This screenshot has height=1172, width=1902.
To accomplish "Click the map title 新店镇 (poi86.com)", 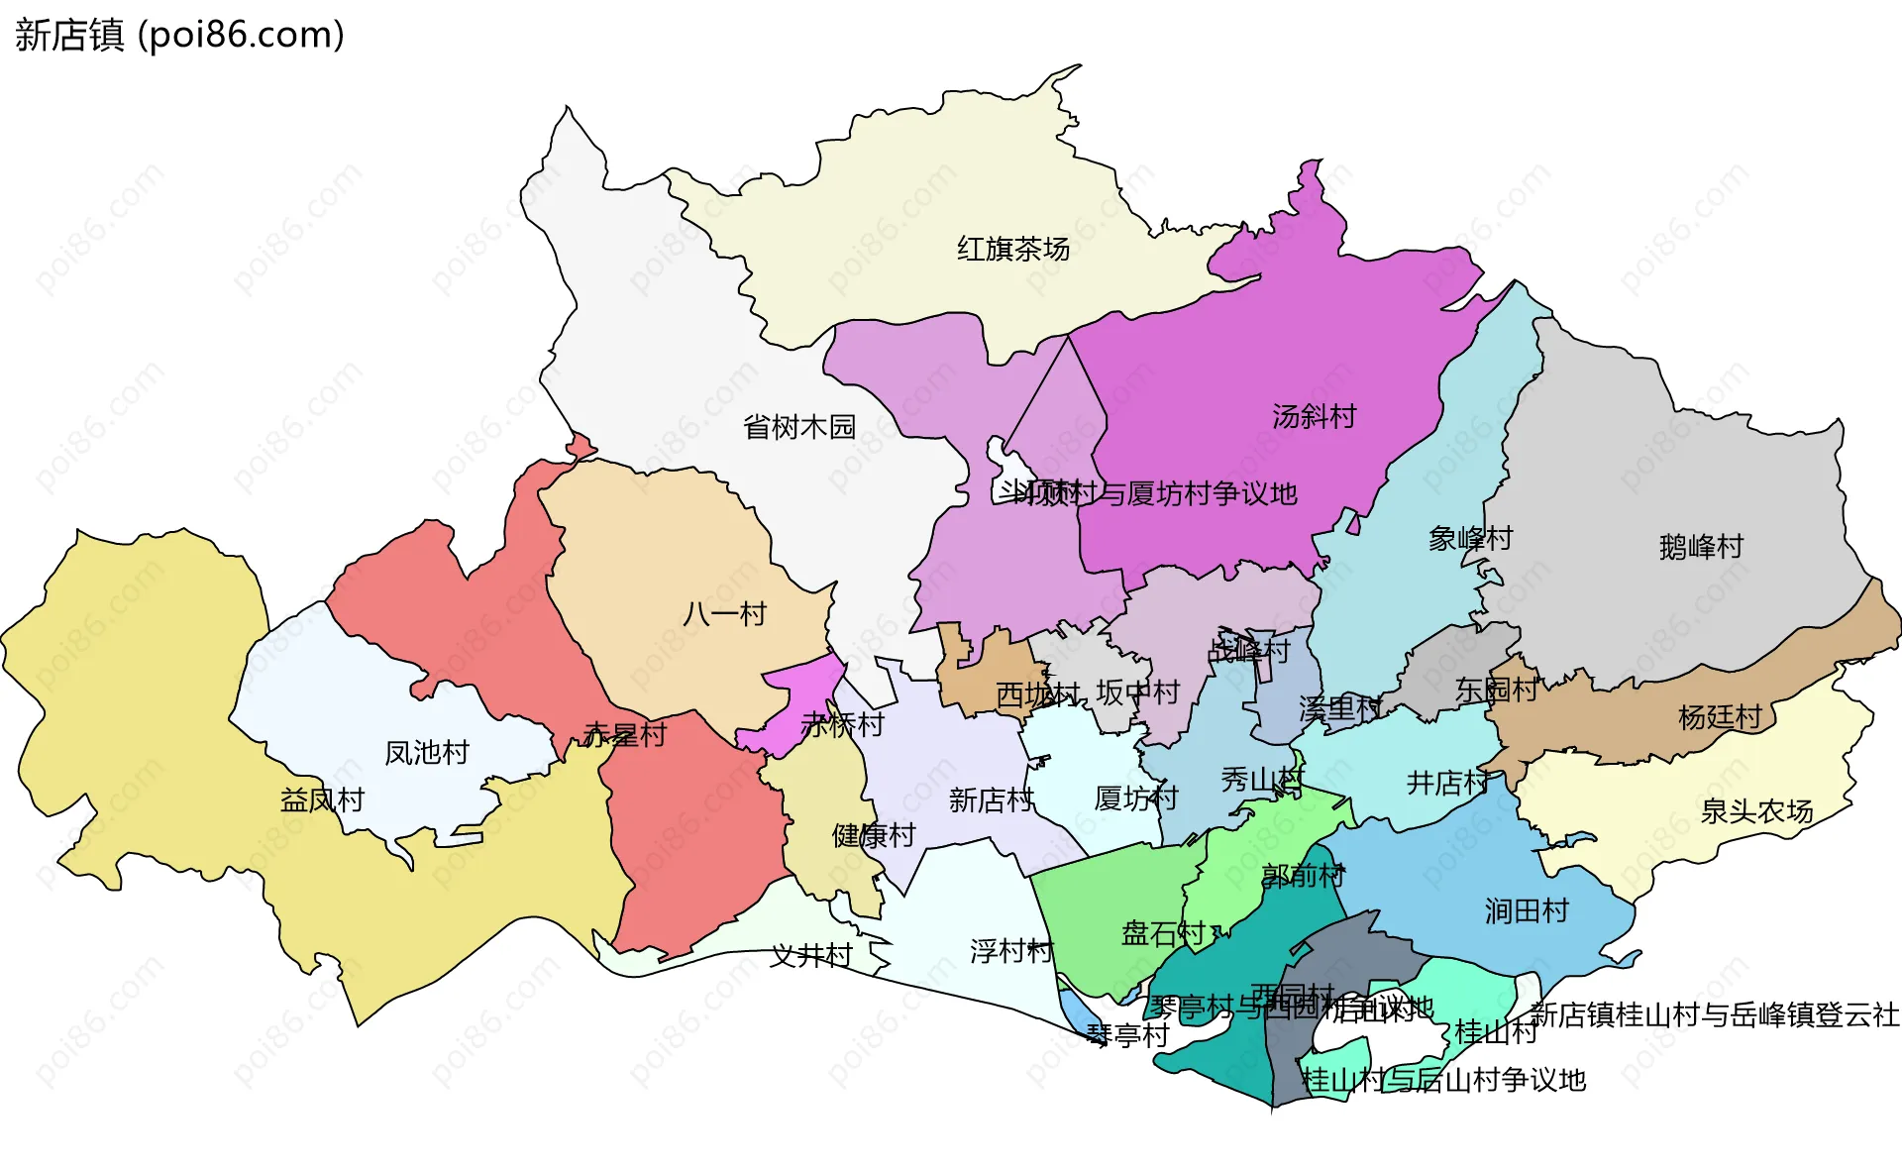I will [179, 35].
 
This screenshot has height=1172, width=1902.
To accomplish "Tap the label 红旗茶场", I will [1012, 249].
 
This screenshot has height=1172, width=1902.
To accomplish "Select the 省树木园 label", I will [798, 427].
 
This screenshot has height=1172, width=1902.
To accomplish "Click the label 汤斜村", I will [1314, 416].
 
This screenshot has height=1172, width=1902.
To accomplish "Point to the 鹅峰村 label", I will [1701, 546].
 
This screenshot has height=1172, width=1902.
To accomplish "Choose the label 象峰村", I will [1470, 538].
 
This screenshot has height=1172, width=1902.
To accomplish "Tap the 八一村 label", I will [724, 613].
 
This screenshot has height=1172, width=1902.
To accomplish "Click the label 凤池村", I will [426, 752].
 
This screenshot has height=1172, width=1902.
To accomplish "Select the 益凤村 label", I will [322, 799].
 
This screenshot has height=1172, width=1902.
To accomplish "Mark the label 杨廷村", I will [1720, 716].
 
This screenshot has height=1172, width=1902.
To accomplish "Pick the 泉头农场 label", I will [1756, 811].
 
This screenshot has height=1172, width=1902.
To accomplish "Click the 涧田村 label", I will [1527, 910].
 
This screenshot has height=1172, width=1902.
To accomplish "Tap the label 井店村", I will [1447, 783].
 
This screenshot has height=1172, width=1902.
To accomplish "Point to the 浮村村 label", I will [1011, 951].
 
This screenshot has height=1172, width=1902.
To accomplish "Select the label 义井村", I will [811, 955].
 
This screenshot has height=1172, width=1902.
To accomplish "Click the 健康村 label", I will [873, 835].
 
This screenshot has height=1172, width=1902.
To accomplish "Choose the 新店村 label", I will [991, 799].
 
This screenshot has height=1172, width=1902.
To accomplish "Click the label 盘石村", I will [1162, 933].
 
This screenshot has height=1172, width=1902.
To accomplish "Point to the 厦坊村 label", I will [1135, 798].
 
